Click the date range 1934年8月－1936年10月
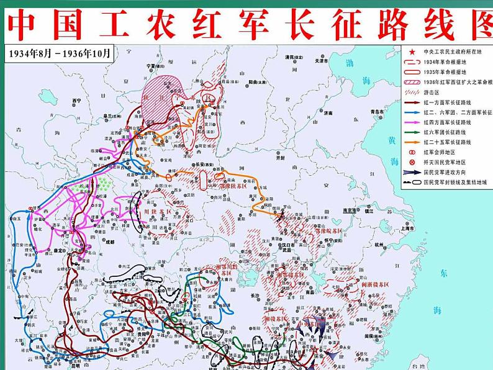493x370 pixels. tap(59, 53)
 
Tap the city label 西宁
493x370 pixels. tap(77, 100)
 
